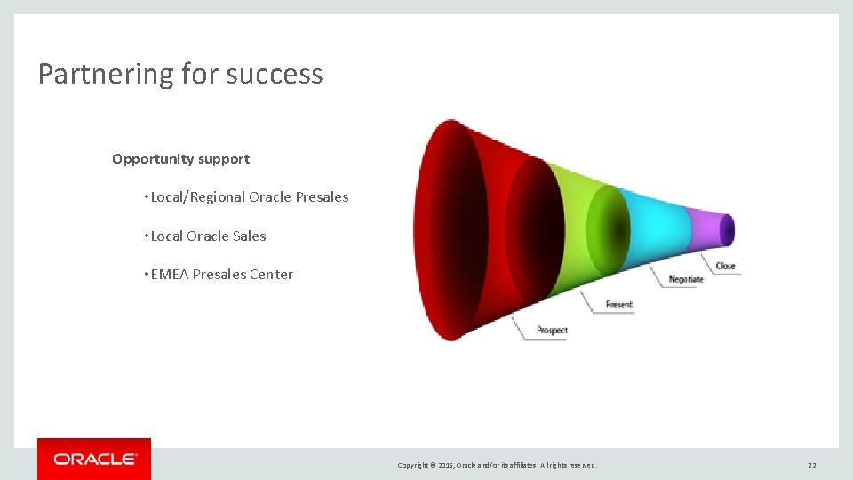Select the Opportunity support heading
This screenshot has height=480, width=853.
[180, 159]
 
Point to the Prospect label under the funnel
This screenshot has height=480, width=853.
[552, 331]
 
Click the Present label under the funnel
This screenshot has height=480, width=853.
[619, 305]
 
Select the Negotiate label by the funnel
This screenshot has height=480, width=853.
[686, 279]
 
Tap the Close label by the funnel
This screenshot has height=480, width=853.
[726, 266]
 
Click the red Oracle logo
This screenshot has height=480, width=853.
[94, 459]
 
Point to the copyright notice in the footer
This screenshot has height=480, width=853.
[498, 465]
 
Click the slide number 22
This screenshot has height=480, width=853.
[811, 465]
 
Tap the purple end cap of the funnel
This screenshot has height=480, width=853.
[727, 230]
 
